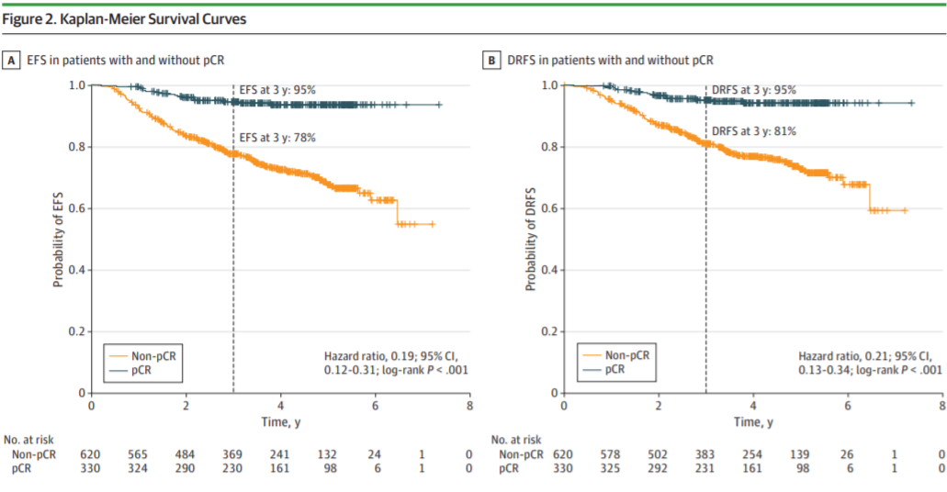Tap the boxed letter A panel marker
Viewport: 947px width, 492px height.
[x=13, y=61]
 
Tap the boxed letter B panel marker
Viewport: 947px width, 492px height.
[x=493, y=61]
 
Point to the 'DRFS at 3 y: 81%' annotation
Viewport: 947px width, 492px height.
[x=752, y=131]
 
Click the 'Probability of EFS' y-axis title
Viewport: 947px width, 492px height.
[x=57, y=240]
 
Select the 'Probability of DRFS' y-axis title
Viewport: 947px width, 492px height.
[x=530, y=240]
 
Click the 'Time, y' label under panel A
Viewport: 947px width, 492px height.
[x=280, y=421]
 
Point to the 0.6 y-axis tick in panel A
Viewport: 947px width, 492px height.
[x=77, y=208]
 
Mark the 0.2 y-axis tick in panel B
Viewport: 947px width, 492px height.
[x=550, y=331]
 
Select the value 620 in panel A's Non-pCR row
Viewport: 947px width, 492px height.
[x=91, y=454]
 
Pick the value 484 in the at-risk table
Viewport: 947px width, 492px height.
[x=186, y=454]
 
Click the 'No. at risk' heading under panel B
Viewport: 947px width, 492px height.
[x=517, y=441]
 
